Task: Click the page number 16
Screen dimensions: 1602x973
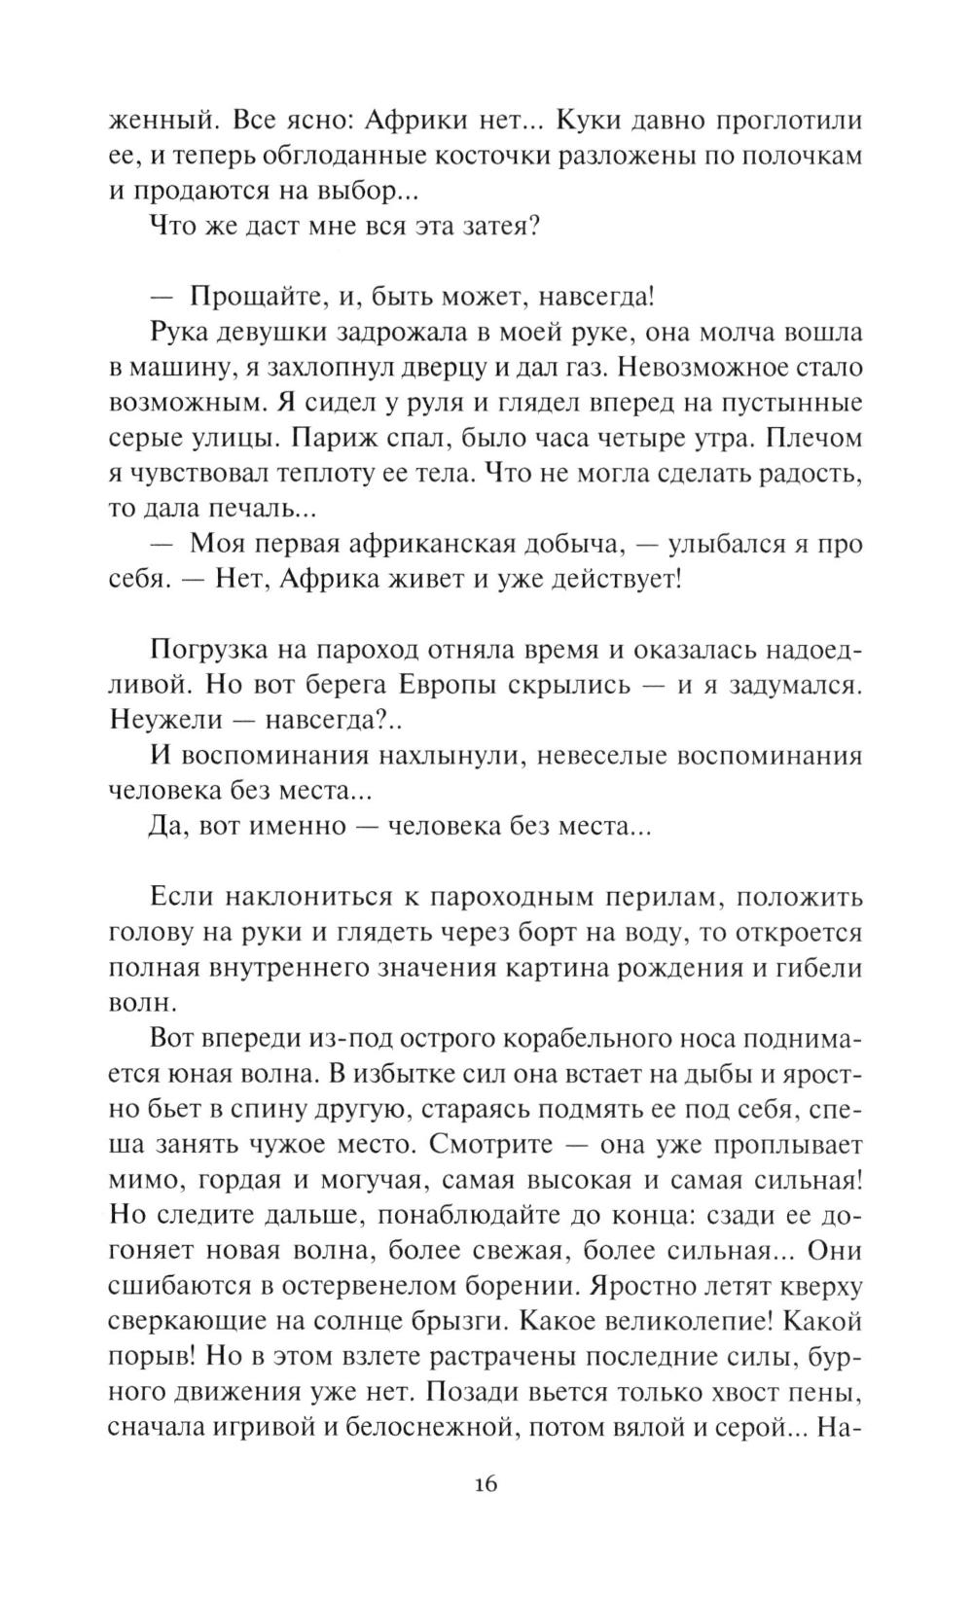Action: pyautogui.click(x=486, y=1485)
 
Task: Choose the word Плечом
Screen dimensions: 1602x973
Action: pyautogui.click(x=814, y=439)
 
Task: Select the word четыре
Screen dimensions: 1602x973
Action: pyautogui.click(x=675, y=439)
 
